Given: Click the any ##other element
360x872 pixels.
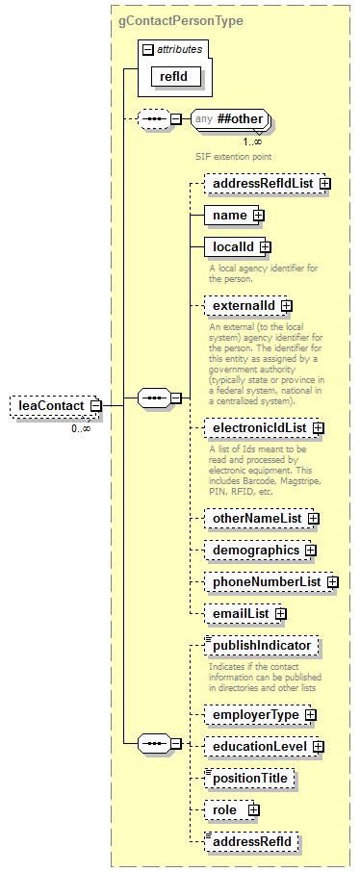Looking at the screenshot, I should tap(229, 119).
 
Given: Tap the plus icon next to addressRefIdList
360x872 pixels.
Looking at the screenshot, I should tap(325, 182).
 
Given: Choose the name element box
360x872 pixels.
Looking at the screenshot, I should tap(229, 215).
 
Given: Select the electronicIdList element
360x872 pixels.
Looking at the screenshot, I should tap(255, 454).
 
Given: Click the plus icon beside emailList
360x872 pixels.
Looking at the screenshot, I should tap(280, 613).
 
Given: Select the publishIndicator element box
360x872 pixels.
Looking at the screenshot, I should tap(261, 646).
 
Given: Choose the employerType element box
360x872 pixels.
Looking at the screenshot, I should tap(254, 714).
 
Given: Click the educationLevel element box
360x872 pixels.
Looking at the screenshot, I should tap(258, 746).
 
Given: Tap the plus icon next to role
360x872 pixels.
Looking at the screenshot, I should tap(253, 810).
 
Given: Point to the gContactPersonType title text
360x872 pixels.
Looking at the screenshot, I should tap(181, 19).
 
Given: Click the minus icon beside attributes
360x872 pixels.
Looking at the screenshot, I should tap(147, 48).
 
